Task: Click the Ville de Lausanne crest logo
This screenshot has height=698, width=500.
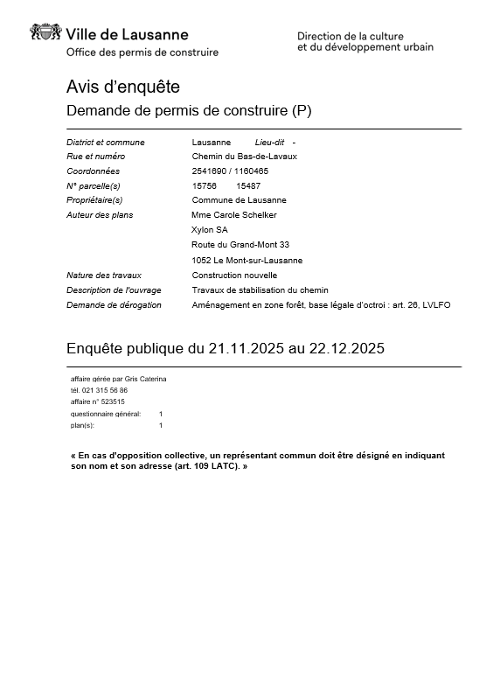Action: tap(45, 34)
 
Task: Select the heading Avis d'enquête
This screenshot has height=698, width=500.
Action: tap(123, 87)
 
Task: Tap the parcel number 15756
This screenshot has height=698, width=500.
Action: tap(205, 186)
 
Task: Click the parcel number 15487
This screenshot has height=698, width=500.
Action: tap(248, 186)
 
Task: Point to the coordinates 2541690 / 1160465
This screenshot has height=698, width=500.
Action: tap(230, 171)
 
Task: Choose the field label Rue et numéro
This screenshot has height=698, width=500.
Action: tap(95, 157)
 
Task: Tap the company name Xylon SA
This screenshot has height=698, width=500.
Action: tap(209, 230)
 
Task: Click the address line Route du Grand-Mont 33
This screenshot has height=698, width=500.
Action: tap(240, 245)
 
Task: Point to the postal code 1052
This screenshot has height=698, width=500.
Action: tap(201, 261)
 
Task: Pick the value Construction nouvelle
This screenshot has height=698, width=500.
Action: tap(234, 276)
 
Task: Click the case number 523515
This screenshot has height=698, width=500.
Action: tap(114, 401)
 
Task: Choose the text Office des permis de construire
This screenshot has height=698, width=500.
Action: tap(142, 52)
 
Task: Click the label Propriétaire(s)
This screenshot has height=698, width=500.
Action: tap(94, 200)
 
